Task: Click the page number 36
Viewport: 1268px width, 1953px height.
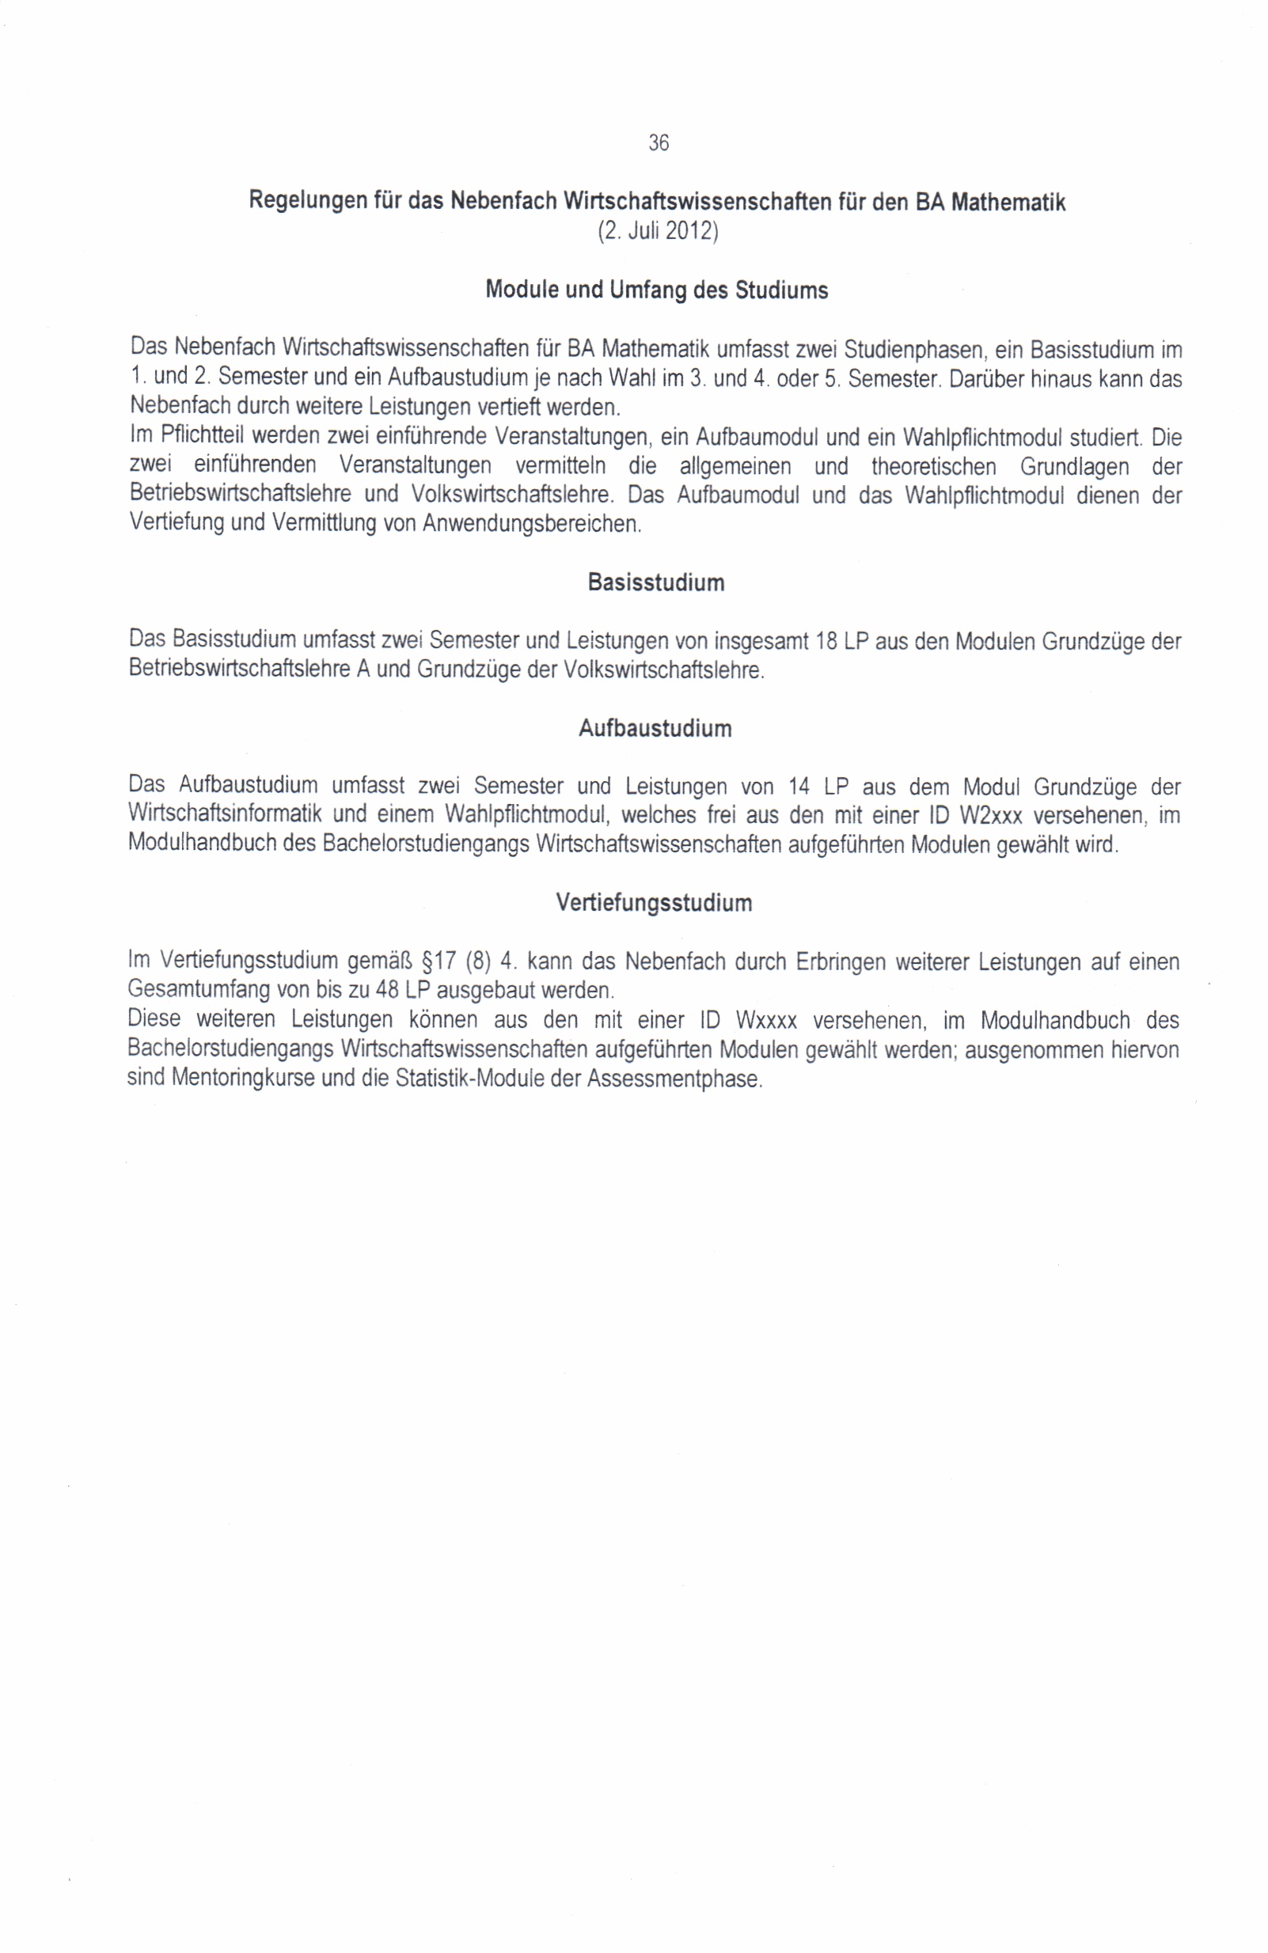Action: [659, 143]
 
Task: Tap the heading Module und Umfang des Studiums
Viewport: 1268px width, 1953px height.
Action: [657, 290]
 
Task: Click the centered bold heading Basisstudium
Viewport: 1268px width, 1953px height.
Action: [655, 583]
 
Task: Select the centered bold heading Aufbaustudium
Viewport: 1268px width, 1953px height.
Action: [655, 729]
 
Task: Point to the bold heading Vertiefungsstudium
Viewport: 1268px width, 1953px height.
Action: [654, 904]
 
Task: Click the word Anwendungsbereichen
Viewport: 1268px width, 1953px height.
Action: [531, 524]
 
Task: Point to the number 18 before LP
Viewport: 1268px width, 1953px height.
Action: [826, 642]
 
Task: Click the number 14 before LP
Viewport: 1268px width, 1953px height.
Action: [799, 787]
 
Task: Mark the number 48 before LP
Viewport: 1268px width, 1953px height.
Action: [386, 991]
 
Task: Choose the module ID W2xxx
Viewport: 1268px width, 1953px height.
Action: [991, 817]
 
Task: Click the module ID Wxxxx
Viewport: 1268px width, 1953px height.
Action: [766, 1021]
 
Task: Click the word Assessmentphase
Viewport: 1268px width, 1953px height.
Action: [674, 1079]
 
